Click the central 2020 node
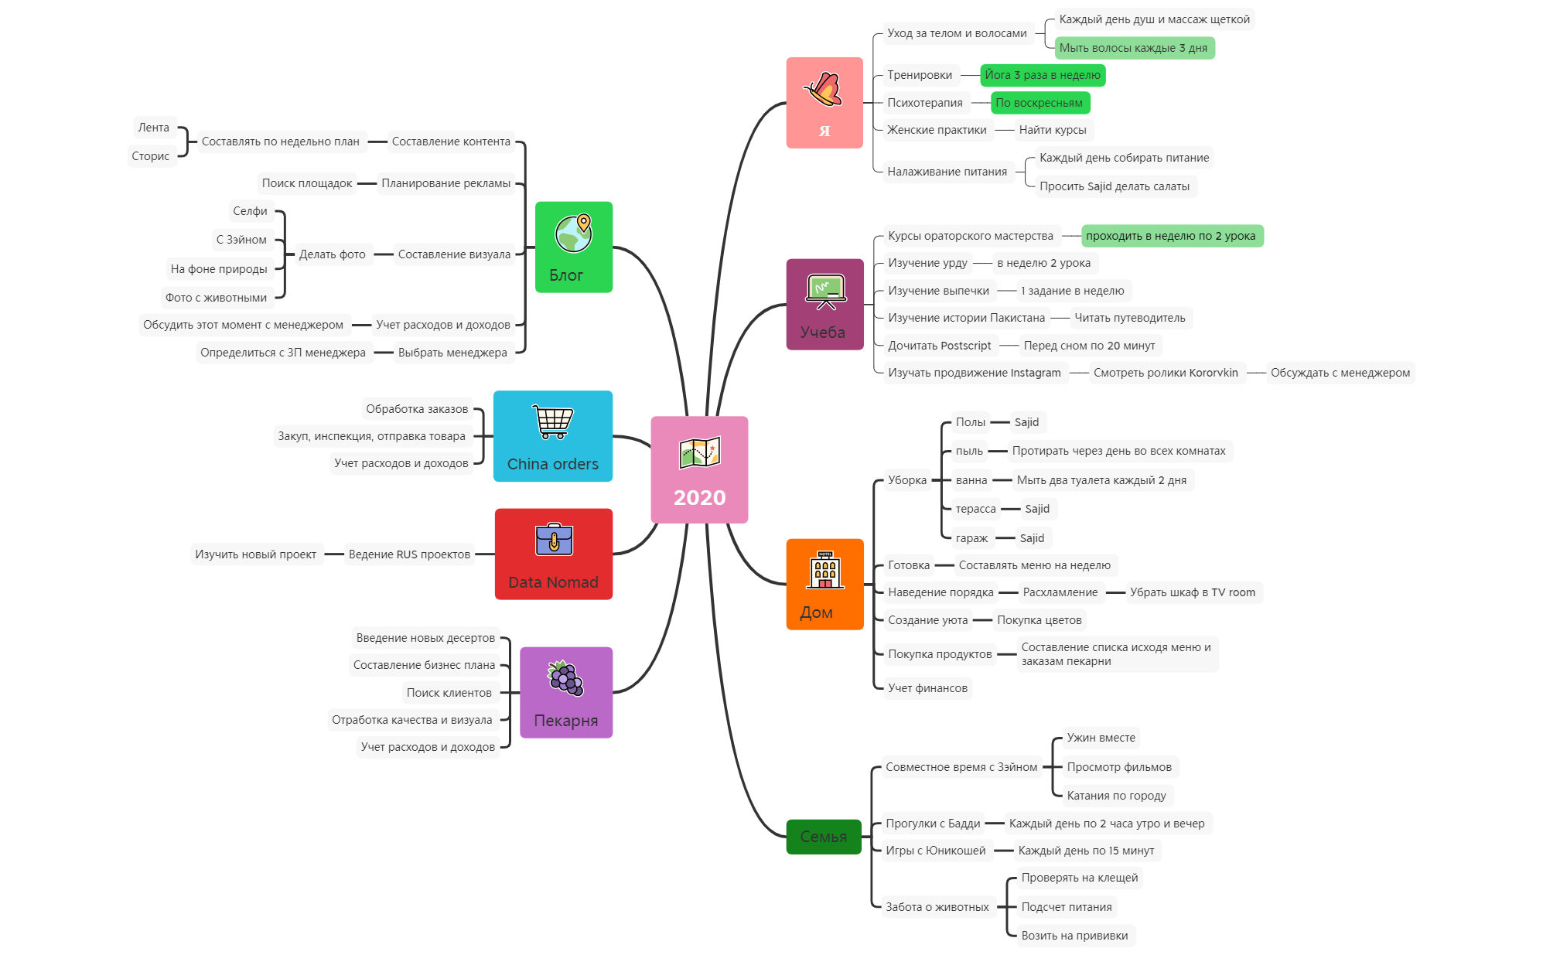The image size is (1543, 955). [699, 469]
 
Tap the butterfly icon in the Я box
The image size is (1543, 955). [823, 90]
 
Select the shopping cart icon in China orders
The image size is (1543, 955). [553, 422]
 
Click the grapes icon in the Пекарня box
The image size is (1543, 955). [565, 679]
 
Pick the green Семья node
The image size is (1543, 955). [823, 837]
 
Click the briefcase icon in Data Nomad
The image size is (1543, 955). [554, 540]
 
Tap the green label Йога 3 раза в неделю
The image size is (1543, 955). [1042, 75]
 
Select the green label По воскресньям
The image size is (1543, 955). [1039, 103]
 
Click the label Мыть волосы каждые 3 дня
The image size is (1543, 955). [1133, 48]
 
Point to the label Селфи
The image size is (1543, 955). [250, 211]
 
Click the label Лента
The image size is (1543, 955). [153, 128]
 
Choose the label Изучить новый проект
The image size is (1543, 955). [255, 554]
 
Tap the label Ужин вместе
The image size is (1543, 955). [1101, 738]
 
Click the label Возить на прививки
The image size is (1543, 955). [1074, 936]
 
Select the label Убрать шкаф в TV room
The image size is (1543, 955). [1192, 592]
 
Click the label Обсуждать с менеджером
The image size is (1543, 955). [1340, 373]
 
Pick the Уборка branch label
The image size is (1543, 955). [906, 480]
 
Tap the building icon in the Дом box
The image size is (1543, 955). [824, 571]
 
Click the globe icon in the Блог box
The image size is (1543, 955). [573, 233]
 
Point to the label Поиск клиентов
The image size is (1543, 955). [449, 693]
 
